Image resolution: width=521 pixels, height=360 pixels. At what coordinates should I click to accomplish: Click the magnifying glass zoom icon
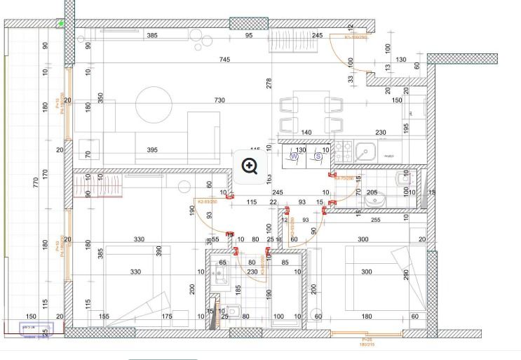[251, 166]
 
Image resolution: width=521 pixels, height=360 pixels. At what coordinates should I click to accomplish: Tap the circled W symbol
[295, 158]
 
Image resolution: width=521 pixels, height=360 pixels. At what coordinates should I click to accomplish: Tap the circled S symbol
[318, 158]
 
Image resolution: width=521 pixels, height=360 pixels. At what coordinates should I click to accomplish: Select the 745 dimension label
[224, 60]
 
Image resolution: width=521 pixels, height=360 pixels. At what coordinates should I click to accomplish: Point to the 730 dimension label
[219, 100]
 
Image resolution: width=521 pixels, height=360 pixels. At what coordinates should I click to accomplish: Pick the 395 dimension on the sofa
[152, 150]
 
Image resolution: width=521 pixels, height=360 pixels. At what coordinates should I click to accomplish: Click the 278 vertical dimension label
[269, 84]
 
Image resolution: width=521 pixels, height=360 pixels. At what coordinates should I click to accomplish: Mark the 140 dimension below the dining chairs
[306, 133]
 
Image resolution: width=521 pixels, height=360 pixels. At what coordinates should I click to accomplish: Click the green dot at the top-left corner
[62, 24]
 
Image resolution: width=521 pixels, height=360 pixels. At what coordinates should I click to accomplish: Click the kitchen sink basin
[365, 151]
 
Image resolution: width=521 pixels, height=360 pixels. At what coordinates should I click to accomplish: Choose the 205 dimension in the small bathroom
[372, 192]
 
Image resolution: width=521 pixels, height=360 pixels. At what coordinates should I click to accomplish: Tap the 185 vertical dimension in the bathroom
[238, 288]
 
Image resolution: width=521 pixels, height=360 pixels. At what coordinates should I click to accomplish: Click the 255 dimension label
[375, 220]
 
